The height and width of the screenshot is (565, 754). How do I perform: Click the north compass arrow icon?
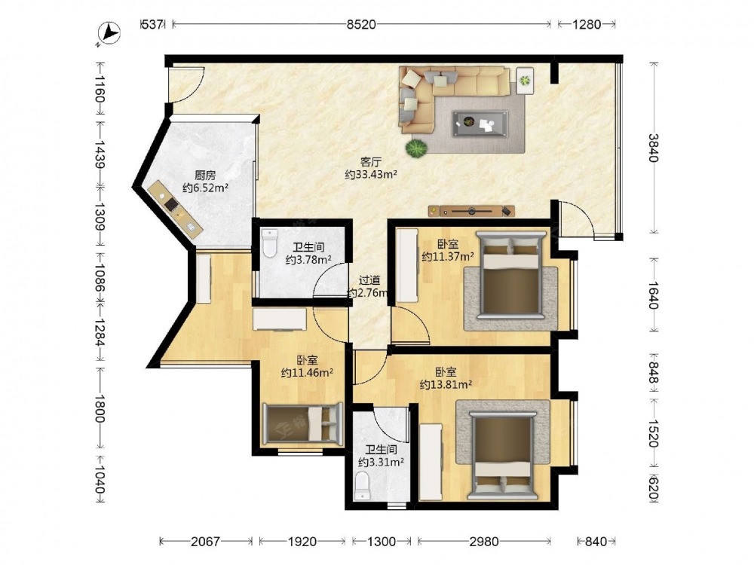109,34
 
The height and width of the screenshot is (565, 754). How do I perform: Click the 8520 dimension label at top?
361,24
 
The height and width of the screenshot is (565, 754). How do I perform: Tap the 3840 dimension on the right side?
652,148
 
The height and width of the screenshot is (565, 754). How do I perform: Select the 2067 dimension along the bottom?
205,542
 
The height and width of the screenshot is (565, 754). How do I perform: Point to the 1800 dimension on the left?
99,409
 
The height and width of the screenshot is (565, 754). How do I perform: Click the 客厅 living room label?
370,163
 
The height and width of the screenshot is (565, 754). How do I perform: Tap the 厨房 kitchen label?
205,176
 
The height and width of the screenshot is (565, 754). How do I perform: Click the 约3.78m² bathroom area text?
308,260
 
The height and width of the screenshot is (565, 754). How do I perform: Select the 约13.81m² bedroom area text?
446,384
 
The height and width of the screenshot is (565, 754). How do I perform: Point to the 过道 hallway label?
369,280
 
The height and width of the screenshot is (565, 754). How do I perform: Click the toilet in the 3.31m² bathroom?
361,485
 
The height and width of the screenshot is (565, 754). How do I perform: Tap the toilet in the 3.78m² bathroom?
270,243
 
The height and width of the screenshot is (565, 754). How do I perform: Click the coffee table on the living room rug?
480,124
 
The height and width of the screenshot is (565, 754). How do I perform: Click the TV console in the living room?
471,211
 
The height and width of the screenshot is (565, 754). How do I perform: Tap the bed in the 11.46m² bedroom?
302,423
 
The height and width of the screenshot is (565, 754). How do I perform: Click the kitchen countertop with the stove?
175,209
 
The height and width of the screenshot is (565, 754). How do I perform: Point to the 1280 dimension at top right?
587,24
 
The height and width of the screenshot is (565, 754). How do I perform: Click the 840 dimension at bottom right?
596,542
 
